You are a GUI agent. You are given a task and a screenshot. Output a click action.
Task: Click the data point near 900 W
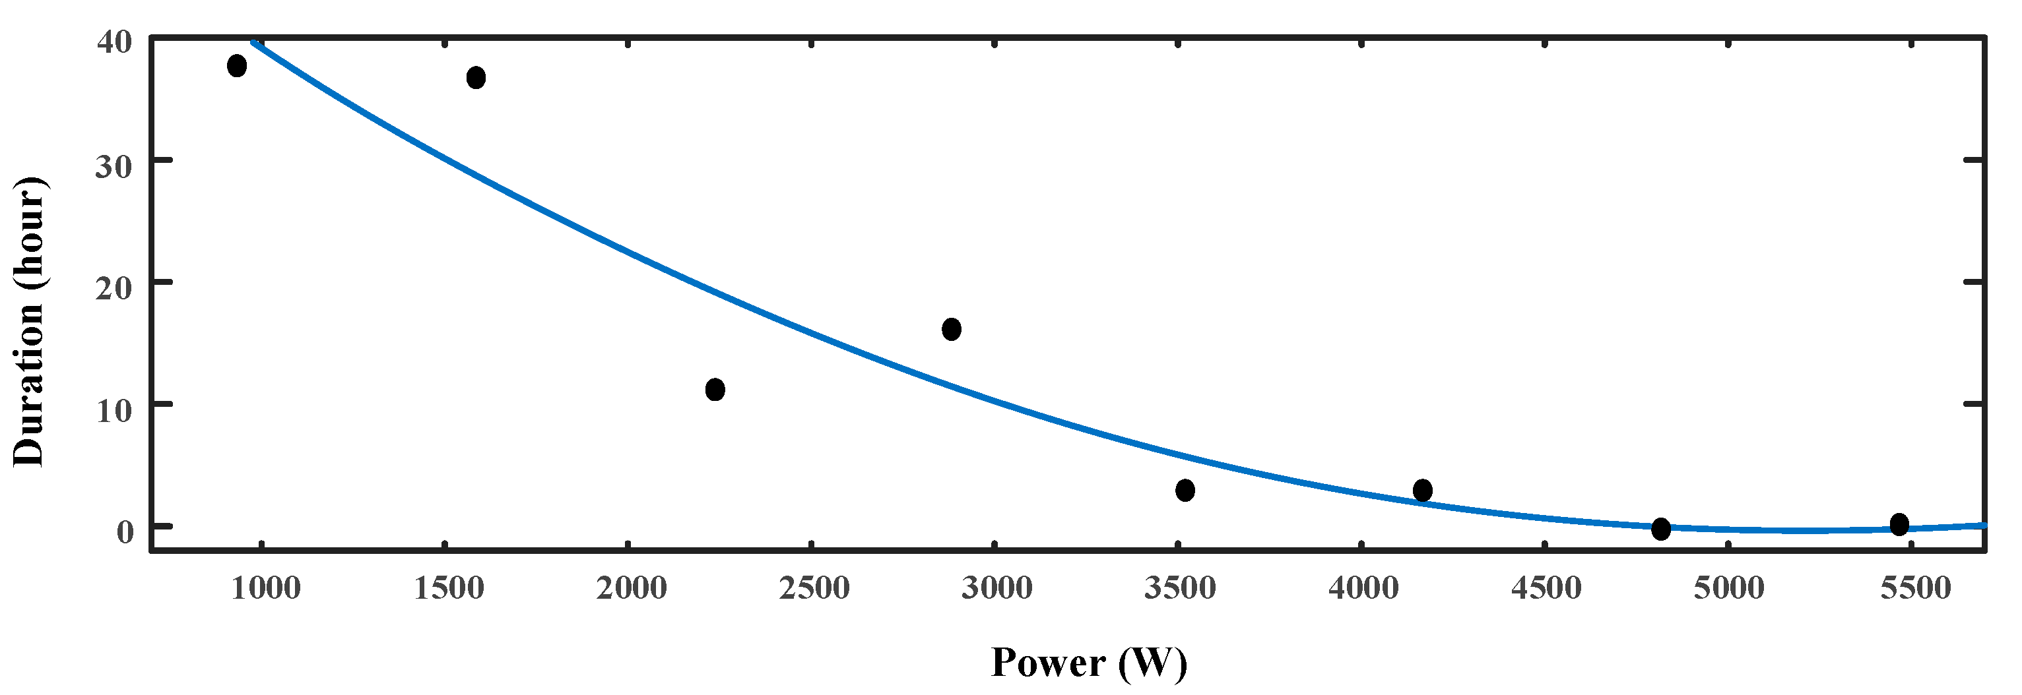coord(237,66)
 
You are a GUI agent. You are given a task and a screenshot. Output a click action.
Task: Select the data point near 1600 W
coord(476,78)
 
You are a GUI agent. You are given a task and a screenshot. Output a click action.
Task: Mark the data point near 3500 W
coord(1185,491)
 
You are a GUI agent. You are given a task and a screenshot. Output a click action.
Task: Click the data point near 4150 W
coord(1422,491)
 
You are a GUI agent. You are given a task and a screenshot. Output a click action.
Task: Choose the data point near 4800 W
coord(1661,529)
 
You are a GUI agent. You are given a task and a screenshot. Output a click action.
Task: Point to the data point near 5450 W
coord(1899,524)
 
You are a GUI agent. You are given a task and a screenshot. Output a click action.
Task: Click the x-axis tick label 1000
coord(265,588)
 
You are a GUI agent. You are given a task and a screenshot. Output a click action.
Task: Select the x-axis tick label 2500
coord(814,588)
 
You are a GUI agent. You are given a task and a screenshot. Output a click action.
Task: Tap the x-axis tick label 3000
coord(997,588)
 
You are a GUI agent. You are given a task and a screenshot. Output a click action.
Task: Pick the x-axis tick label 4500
coord(1546,588)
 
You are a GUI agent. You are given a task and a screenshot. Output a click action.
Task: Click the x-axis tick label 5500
coord(1915,588)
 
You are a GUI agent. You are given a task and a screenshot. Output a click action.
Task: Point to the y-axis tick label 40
coord(115,42)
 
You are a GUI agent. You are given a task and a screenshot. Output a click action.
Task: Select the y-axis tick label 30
coord(115,166)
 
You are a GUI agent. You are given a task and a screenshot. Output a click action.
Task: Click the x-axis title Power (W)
coord(1089,663)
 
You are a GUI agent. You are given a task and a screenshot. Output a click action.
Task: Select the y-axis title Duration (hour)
coord(30,322)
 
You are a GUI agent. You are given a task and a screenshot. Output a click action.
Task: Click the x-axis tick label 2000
coord(631,588)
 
